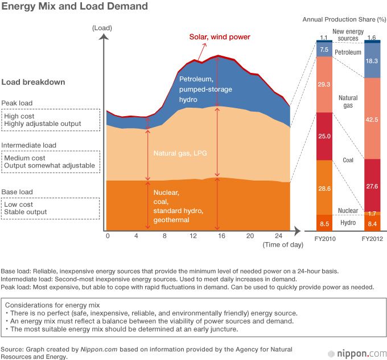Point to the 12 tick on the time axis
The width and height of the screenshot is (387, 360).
tap(193, 236)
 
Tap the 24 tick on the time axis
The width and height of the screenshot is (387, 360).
tap(279, 236)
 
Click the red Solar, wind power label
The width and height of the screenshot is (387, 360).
tap(220, 37)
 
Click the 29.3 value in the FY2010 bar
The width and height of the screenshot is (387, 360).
tap(324, 84)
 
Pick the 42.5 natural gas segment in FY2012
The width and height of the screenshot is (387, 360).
tap(372, 119)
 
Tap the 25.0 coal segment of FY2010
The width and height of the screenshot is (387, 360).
tap(324, 137)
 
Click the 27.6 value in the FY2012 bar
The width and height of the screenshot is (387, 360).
tap(372, 186)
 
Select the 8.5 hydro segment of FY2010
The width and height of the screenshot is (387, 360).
tap(324, 223)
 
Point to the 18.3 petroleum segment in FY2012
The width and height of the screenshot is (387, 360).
tap(372, 60)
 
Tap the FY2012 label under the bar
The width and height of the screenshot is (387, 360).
tap(372, 239)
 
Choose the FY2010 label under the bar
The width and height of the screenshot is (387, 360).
tap(324, 239)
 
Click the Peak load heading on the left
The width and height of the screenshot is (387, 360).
tap(17, 103)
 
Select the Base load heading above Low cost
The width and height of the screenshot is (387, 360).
tap(17, 192)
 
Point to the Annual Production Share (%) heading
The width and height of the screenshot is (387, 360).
tap(343, 19)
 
